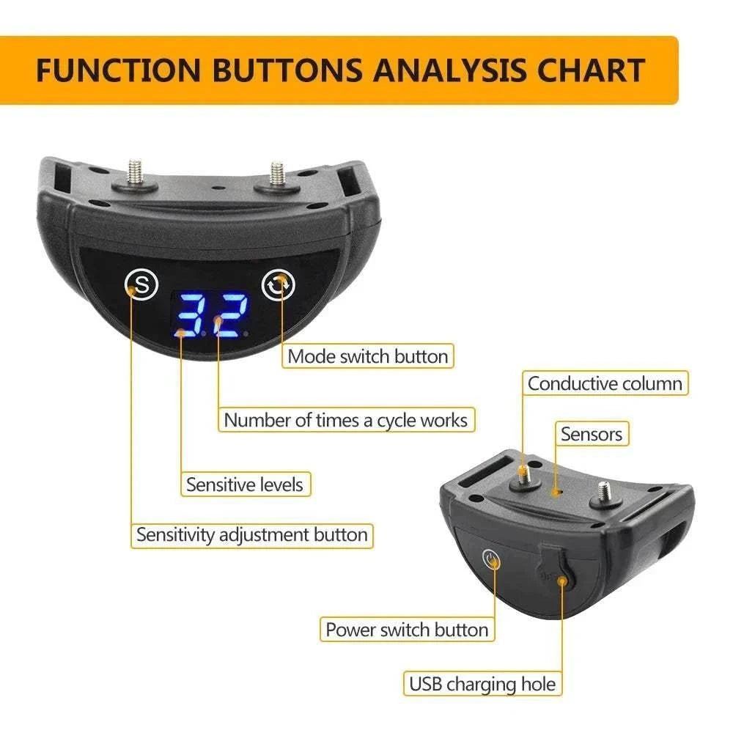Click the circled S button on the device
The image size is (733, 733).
141,284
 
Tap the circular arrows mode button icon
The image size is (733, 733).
279,285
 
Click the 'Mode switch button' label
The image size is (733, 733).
367,357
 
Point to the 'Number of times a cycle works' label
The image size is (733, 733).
345,420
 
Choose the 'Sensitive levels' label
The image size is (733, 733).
244,484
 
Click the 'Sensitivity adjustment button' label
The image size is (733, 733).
252,534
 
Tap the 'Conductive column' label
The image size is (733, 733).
605,383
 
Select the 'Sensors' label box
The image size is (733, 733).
591,434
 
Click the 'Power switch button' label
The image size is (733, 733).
407,630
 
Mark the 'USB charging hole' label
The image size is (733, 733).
482,685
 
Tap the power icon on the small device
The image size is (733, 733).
491,561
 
